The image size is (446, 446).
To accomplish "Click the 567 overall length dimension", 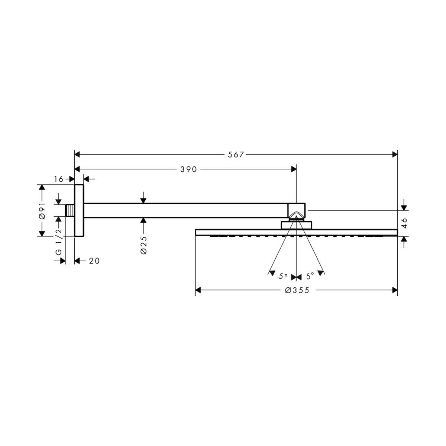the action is pos(235,155).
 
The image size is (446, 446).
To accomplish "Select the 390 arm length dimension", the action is pos(188,169).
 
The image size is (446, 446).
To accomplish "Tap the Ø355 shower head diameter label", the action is pos(297,290).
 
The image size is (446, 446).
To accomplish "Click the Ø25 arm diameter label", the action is pos(144,245).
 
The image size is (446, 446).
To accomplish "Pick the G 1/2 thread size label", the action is pos(59,242).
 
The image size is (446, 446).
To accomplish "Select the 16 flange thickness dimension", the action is pos(59,179).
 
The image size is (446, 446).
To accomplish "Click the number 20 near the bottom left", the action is pos(94,261).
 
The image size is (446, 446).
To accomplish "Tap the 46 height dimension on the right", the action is pos(404,223).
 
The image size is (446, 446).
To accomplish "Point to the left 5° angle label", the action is pos(283,276).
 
